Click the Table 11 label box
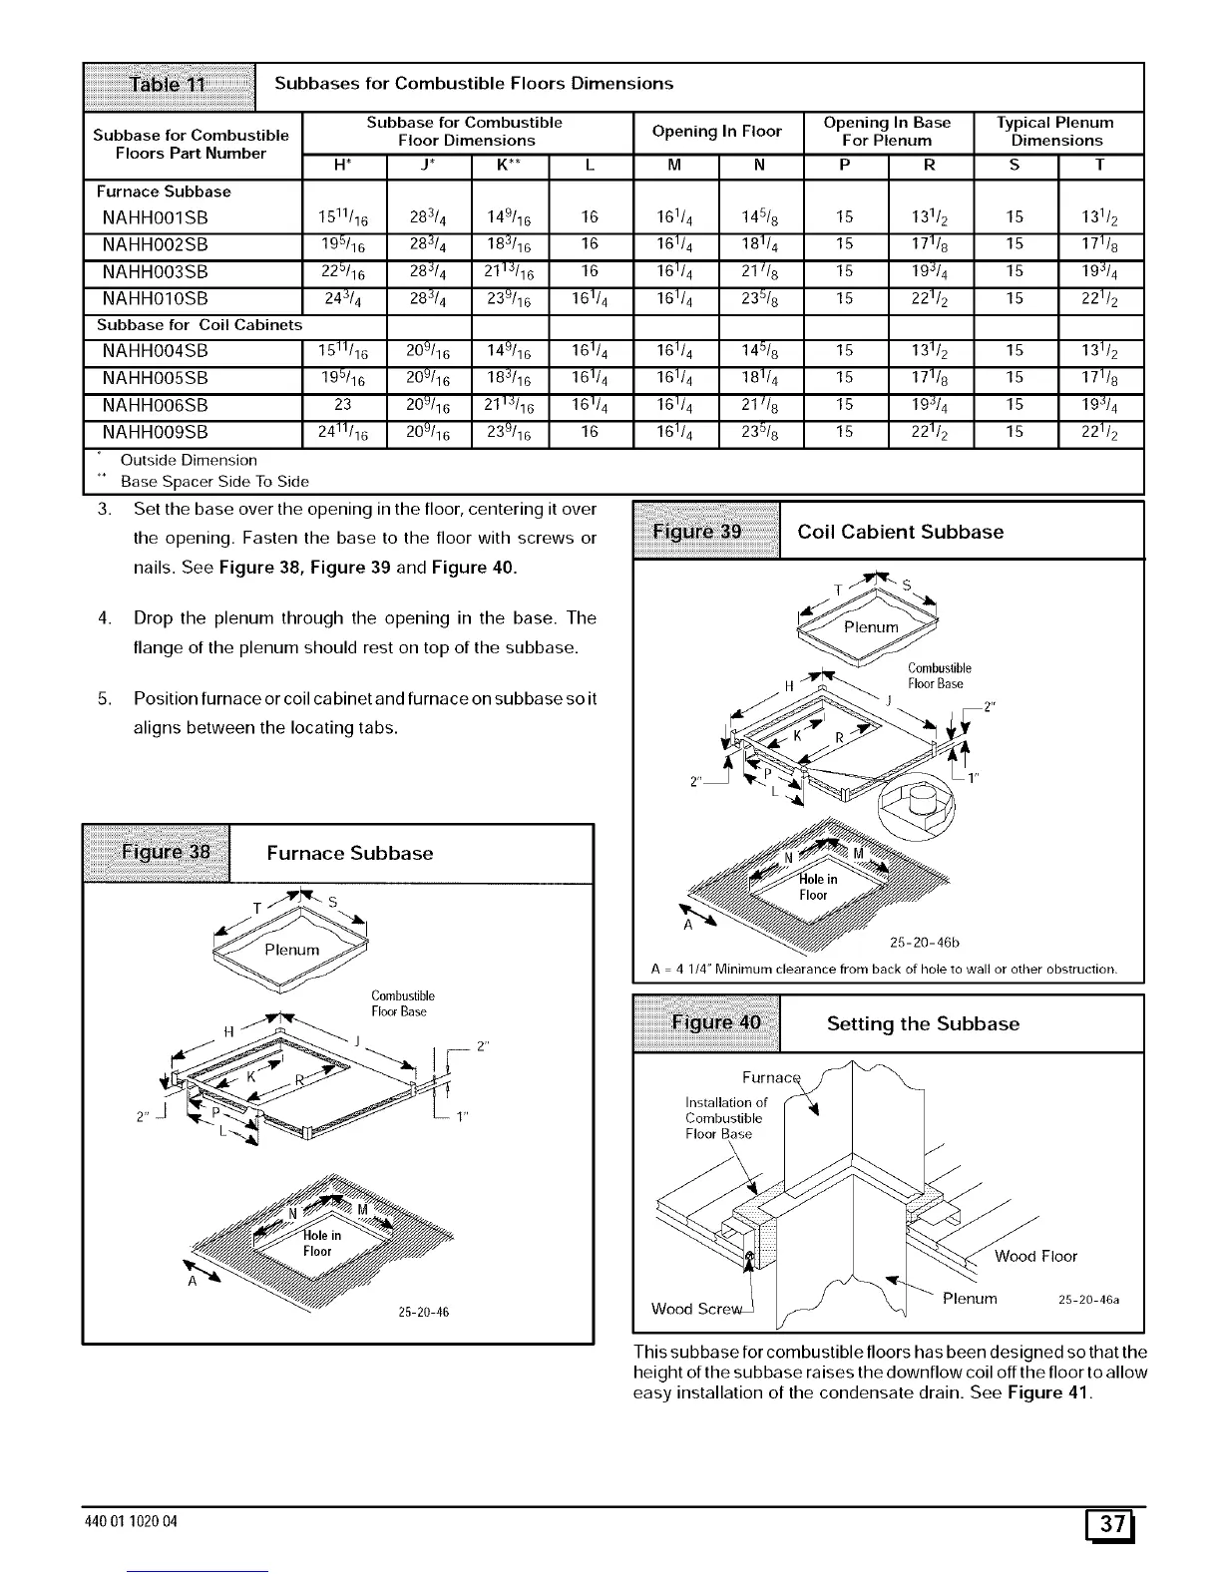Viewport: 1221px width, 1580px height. pos(170,84)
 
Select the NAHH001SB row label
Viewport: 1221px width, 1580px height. pos(155,217)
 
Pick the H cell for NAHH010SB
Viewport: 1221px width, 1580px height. pos(343,298)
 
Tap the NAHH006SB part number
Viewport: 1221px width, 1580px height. pos(155,406)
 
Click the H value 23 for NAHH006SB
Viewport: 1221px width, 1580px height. pos(343,406)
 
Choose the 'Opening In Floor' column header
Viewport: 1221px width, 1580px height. pos(717,132)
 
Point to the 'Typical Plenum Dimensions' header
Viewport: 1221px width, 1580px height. pos(1056,132)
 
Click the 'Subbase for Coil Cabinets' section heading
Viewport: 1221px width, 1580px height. pos(199,324)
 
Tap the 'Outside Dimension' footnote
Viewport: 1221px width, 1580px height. pos(189,460)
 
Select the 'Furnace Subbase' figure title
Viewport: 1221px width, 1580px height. pos(350,853)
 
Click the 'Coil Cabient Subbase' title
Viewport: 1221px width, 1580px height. pos(900,532)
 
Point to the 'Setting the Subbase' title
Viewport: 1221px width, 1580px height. pos(923,1023)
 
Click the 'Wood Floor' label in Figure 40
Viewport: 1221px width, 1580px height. pos(1035,1256)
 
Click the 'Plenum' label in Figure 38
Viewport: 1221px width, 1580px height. pos(291,950)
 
